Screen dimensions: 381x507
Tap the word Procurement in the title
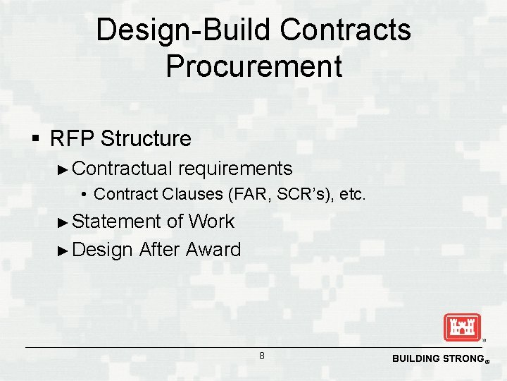(254, 66)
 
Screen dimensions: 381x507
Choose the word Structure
(146, 138)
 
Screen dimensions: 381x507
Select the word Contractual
(123, 169)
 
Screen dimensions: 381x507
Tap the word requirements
(235, 169)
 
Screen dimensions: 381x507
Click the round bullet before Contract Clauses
(84, 194)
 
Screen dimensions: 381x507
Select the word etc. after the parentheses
(352, 194)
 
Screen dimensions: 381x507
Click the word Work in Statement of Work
(211, 222)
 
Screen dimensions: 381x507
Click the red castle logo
(461, 327)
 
